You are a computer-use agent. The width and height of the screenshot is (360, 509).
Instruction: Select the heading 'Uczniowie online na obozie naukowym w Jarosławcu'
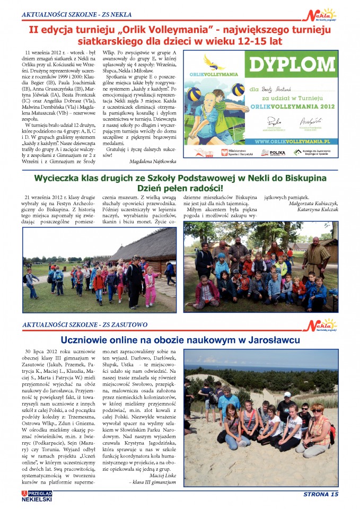pyautogui.click(x=180, y=340)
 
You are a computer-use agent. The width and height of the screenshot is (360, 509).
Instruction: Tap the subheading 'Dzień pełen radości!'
pyautogui.click(x=180, y=188)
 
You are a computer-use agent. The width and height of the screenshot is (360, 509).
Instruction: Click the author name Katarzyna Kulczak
pyautogui.click(x=309, y=209)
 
